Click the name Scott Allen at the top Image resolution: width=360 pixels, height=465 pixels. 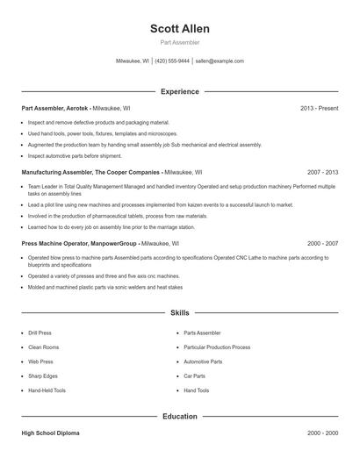click(180, 28)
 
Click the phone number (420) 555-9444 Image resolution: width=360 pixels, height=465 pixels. click(172, 61)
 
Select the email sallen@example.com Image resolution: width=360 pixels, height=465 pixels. click(220, 61)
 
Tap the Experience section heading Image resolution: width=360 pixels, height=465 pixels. click(180, 91)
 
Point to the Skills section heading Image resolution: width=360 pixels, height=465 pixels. click(180, 312)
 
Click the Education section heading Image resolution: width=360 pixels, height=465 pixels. click(180, 416)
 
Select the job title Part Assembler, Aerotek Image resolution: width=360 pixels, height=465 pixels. click(54, 108)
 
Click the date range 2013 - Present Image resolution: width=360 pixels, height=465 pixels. click(319, 108)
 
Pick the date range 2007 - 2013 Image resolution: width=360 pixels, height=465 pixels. click(322, 173)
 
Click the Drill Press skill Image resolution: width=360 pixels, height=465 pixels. click(40, 333)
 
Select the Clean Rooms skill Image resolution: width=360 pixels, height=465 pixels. click(43, 347)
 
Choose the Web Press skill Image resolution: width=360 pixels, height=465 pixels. click(40, 361)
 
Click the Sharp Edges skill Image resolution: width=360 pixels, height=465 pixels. click(44, 376)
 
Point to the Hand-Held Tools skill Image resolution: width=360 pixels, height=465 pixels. click(47, 390)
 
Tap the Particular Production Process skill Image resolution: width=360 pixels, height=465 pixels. click(217, 347)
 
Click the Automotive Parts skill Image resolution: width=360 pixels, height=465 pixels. click(203, 361)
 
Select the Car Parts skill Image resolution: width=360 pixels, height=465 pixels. click(195, 376)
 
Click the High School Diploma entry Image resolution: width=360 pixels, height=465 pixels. click(50, 433)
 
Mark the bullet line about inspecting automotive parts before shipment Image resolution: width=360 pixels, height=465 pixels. click(75, 155)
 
